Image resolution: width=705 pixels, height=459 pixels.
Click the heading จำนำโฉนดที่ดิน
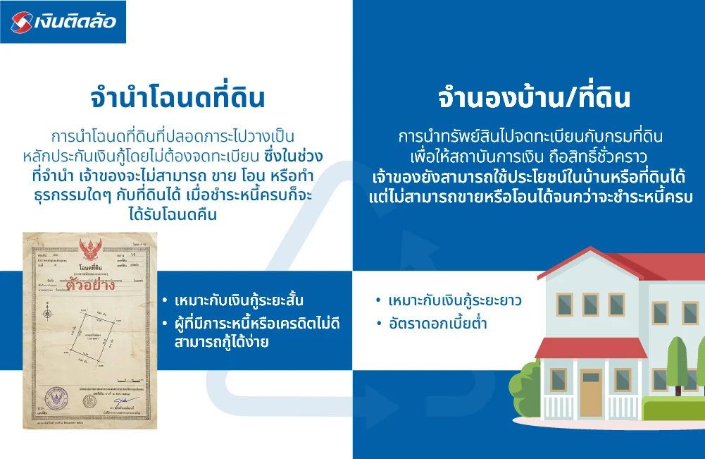click(177, 98)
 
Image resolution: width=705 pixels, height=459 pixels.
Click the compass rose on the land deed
click(46, 312)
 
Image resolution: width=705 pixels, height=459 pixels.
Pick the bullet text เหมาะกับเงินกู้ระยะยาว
click(454, 301)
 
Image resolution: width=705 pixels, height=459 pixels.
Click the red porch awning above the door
click(581, 348)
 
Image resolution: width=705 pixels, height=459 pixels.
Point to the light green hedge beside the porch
click(673, 408)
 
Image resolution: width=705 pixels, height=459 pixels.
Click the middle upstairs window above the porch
click(590, 304)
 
